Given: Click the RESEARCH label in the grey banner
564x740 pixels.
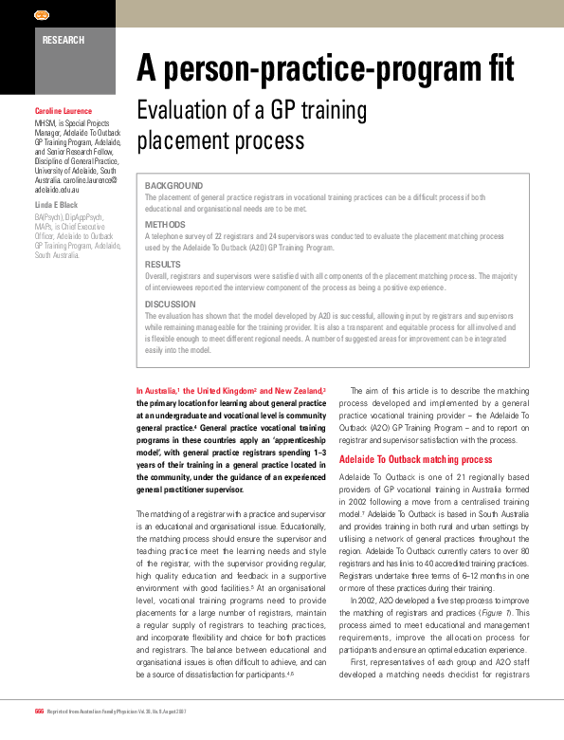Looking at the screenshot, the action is (x=64, y=40).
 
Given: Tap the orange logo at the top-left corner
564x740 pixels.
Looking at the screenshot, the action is (x=42, y=15).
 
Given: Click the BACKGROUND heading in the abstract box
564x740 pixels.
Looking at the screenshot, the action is (x=173, y=185).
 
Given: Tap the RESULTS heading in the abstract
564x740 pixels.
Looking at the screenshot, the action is (x=163, y=264).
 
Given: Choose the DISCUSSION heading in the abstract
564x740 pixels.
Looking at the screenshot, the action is (x=172, y=304).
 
